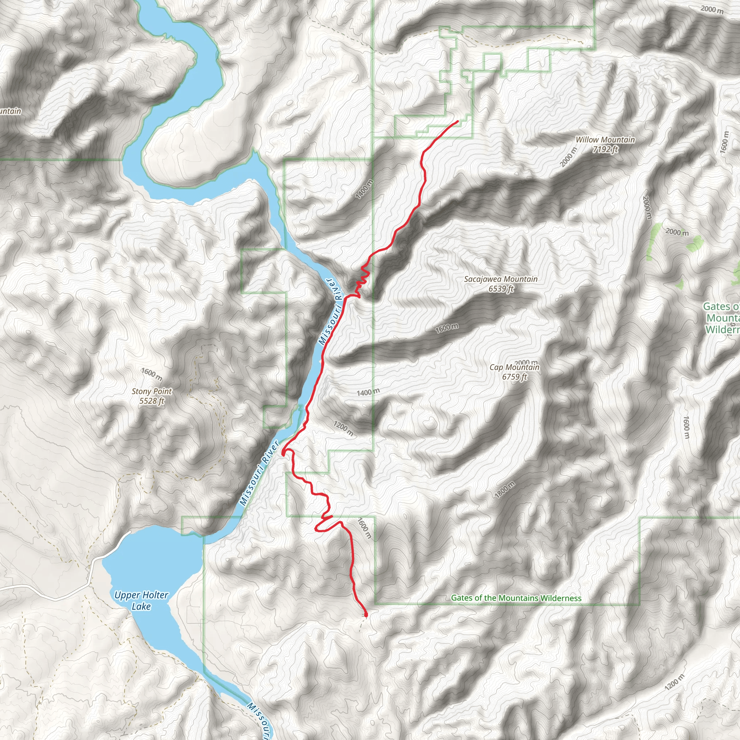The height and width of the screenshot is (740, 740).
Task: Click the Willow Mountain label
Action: (x=605, y=140)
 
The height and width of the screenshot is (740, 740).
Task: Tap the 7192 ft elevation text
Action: (x=605, y=149)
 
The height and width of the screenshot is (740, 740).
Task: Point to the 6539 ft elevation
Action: (x=500, y=289)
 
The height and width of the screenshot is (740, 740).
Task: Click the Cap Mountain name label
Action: (x=514, y=367)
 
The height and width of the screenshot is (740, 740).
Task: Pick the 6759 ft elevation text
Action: (x=514, y=377)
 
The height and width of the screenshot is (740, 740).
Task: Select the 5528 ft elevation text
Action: (x=151, y=401)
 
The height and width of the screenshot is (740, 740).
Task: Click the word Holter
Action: (x=156, y=595)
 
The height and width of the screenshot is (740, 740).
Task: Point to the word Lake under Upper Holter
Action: (x=141, y=606)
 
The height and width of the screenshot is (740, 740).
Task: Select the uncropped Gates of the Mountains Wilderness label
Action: (x=516, y=598)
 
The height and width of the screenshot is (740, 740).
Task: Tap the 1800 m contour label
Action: (x=504, y=490)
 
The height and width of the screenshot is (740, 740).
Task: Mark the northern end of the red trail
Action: (x=458, y=121)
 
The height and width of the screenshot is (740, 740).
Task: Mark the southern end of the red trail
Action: (x=366, y=615)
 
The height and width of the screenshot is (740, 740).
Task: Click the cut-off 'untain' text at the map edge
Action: (x=10, y=111)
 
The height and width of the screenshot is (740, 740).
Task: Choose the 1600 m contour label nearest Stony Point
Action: (x=152, y=374)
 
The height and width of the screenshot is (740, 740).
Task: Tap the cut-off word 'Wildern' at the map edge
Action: (x=722, y=330)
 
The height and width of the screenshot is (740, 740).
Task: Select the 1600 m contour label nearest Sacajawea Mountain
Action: (x=447, y=328)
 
